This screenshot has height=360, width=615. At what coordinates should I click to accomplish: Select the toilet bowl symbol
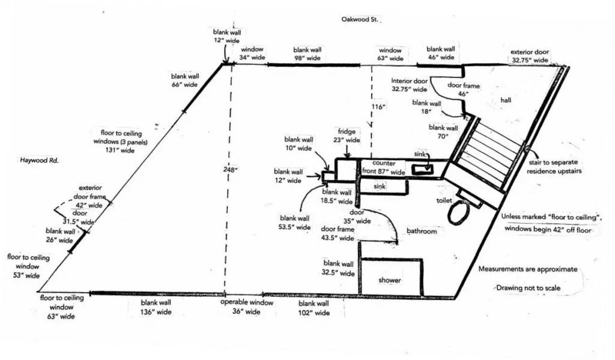(459, 212)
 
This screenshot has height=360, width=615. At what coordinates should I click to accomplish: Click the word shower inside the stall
(390, 280)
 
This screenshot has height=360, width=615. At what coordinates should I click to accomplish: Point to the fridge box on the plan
(347, 169)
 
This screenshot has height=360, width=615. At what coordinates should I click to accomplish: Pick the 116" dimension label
(378, 106)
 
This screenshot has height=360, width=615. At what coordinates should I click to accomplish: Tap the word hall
(506, 100)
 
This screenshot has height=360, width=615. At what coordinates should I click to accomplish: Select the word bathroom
(422, 231)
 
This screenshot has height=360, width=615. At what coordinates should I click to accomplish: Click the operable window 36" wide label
(246, 307)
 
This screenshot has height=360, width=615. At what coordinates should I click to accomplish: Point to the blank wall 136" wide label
(156, 308)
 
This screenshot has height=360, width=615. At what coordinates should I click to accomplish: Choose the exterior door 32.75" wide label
(529, 56)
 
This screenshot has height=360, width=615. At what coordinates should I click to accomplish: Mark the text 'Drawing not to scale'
(528, 288)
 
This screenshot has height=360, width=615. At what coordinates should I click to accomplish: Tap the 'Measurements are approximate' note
(528, 269)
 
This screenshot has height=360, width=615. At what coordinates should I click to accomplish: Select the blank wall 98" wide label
(307, 54)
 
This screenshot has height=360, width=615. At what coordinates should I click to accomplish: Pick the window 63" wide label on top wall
(390, 55)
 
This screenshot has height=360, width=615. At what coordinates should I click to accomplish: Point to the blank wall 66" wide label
(184, 80)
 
